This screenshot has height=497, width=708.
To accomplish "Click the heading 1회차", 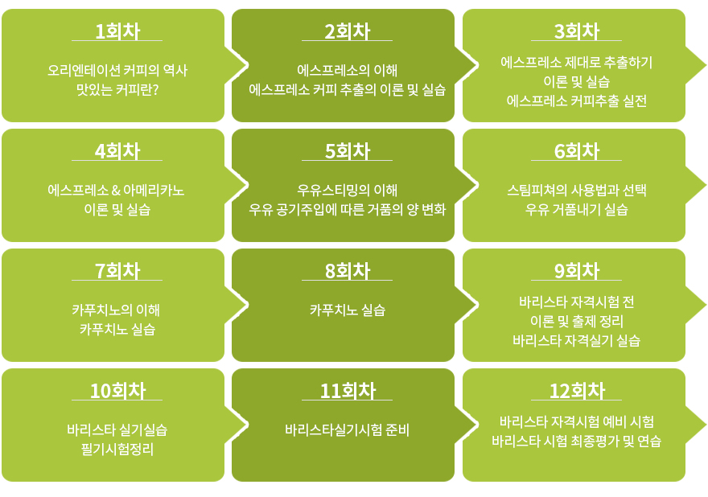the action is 117,31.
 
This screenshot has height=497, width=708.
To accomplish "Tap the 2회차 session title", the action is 348,31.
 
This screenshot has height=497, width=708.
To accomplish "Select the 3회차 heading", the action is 577,31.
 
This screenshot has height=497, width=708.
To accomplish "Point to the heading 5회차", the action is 348,150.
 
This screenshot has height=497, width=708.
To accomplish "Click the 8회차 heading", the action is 348,271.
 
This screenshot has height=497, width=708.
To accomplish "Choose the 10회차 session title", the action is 117,391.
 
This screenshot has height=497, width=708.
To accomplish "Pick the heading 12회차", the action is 577,391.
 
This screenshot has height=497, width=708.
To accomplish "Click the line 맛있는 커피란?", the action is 117,89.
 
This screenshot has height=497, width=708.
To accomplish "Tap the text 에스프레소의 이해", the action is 348,70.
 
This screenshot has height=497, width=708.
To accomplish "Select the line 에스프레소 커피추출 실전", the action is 577,101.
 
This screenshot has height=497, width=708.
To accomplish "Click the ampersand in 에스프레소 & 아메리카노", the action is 116,190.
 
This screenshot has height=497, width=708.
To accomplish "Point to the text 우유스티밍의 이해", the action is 348,190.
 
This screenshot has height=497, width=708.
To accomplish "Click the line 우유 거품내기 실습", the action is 577,209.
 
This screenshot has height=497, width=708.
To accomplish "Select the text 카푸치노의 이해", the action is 116,310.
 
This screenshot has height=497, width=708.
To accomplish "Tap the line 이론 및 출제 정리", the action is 577,321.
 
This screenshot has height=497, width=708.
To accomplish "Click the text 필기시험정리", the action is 117,450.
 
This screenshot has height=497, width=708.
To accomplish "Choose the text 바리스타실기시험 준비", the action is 348,429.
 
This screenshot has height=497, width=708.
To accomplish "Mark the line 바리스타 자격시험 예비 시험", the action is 577,421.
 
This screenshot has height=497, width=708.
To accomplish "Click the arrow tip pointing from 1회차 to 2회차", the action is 248,65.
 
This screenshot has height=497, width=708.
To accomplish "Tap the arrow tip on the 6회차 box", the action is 706,185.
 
